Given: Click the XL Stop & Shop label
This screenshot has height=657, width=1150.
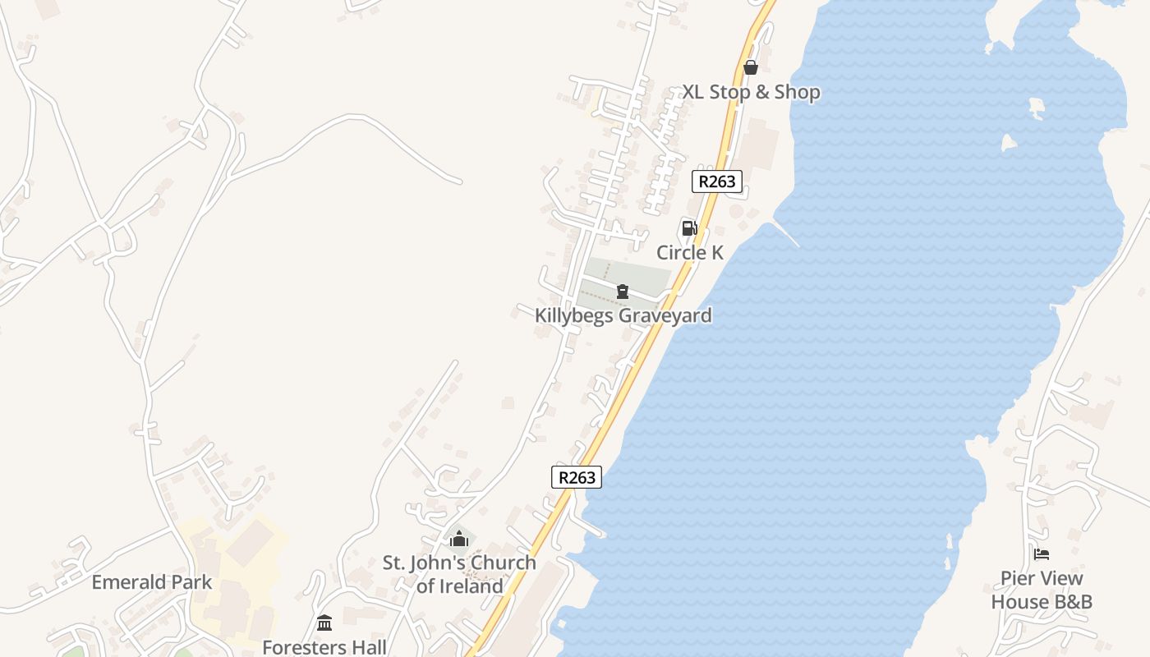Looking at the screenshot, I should [751, 92].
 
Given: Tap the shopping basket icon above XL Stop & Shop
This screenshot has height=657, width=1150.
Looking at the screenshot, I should [750, 67].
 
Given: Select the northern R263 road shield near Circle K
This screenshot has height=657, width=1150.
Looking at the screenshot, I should [717, 181].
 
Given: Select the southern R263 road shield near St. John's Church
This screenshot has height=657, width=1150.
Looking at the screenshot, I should [576, 477].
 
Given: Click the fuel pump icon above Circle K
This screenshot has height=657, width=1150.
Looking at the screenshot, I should [689, 228].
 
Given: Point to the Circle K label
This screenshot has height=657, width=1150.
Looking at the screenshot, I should [689, 252].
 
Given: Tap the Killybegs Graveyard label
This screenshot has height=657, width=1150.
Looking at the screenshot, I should [623, 315].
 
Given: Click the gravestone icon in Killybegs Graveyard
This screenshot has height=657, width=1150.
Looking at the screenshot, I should [623, 292].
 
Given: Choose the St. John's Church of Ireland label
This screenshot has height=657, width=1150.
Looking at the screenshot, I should [459, 574].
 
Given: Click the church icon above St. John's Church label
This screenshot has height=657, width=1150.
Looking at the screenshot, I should [458, 540].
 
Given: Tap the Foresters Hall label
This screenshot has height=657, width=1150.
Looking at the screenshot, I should [324, 647].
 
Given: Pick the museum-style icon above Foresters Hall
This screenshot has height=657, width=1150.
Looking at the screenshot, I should [324, 623].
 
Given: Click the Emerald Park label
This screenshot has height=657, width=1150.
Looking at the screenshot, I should [151, 582].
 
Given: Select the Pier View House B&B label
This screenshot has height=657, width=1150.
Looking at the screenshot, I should [1042, 590].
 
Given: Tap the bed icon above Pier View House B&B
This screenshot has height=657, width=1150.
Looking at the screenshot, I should [1042, 554].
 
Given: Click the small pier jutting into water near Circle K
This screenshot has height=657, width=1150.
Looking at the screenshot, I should [786, 234].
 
